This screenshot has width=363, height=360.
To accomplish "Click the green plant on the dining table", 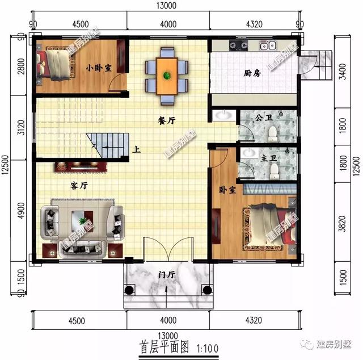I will [167, 75].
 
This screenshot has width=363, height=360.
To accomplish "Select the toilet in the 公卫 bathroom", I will [273, 132].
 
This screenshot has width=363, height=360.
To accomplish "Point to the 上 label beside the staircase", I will [137, 151].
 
